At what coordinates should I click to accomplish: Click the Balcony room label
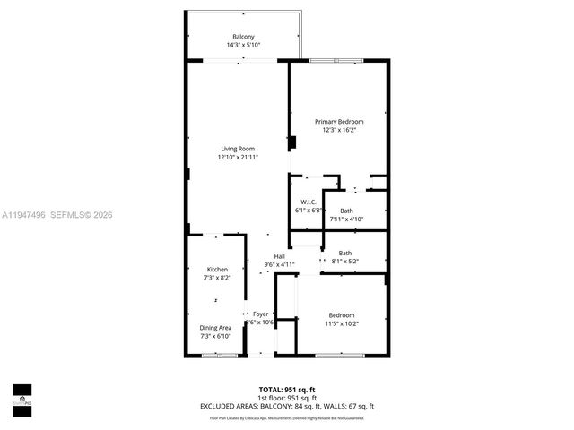click(243, 36)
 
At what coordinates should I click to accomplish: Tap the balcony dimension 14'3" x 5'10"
click(243, 45)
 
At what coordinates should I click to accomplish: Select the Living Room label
click(239, 148)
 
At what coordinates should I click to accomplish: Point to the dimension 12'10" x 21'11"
click(238, 157)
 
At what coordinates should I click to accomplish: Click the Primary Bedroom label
click(339, 121)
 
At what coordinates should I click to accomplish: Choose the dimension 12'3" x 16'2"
click(339, 130)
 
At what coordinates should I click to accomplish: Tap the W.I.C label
click(306, 202)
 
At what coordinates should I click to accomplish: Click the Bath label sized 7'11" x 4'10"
click(345, 211)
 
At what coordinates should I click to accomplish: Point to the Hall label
click(279, 256)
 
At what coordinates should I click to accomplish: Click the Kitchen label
click(217, 270)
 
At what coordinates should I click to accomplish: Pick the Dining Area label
click(216, 327)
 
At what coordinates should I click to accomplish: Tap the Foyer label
click(260, 314)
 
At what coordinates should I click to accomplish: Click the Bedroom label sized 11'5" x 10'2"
click(341, 314)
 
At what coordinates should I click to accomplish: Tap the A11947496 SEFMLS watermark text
click(57, 215)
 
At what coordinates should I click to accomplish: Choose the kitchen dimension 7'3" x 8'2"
click(217, 279)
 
